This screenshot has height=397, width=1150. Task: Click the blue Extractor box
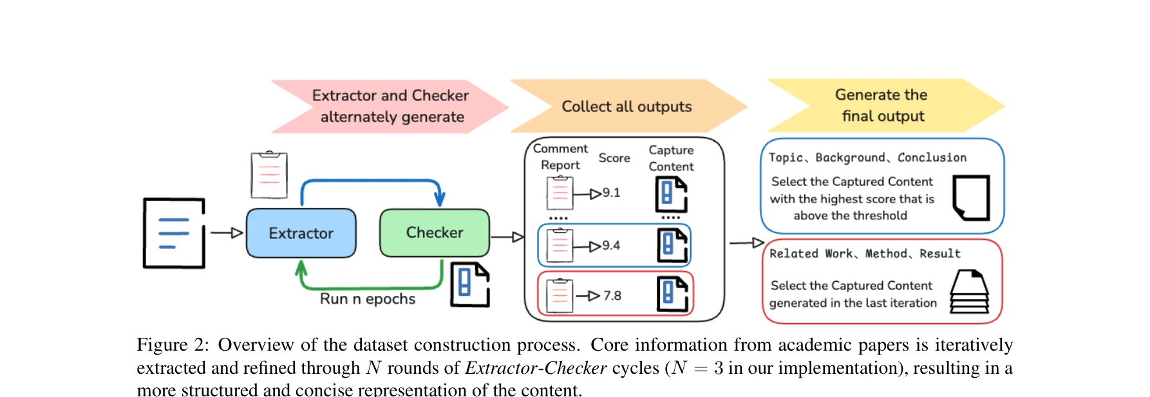pyautogui.click(x=301, y=233)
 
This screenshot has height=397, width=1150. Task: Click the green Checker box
pyautogui.click(x=434, y=232)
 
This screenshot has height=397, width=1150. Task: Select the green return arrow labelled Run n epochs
pyautogui.click(x=370, y=286)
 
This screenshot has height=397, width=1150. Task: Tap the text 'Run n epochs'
pyautogui.click(x=368, y=299)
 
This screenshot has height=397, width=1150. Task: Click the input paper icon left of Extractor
pyautogui.click(x=174, y=233)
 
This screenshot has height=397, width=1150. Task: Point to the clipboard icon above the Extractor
pyautogui.click(x=269, y=175)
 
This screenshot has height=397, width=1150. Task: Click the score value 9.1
pyautogui.click(x=611, y=192)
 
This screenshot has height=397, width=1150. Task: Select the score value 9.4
pyautogui.click(x=611, y=245)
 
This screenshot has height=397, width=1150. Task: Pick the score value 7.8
pyautogui.click(x=612, y=295)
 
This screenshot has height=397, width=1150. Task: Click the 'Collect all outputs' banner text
pyautogui.click(x=627, y=107)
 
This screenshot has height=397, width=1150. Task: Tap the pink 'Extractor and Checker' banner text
pyautogui.click(x=390, y=95)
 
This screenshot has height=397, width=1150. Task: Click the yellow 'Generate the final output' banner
pyautogui.click(x=881, y=106)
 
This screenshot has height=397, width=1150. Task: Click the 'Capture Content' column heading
pyautogui.click(x=671, y=158)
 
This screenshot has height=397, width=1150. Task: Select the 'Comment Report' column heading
pyautogui.click(x=560, y=156)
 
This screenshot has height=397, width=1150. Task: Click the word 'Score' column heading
pyautogui.click(x=614, y=158)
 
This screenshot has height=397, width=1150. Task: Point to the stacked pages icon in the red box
pyautogui.click(x=969, y=292)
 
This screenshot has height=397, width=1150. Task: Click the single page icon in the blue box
pyautogui.click(x=970, y=198)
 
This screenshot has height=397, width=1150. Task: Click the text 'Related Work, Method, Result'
pyautogui.click(x=865, y=254)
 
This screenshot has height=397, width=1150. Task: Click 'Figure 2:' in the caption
pyautogui.click(x=173, y=345)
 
